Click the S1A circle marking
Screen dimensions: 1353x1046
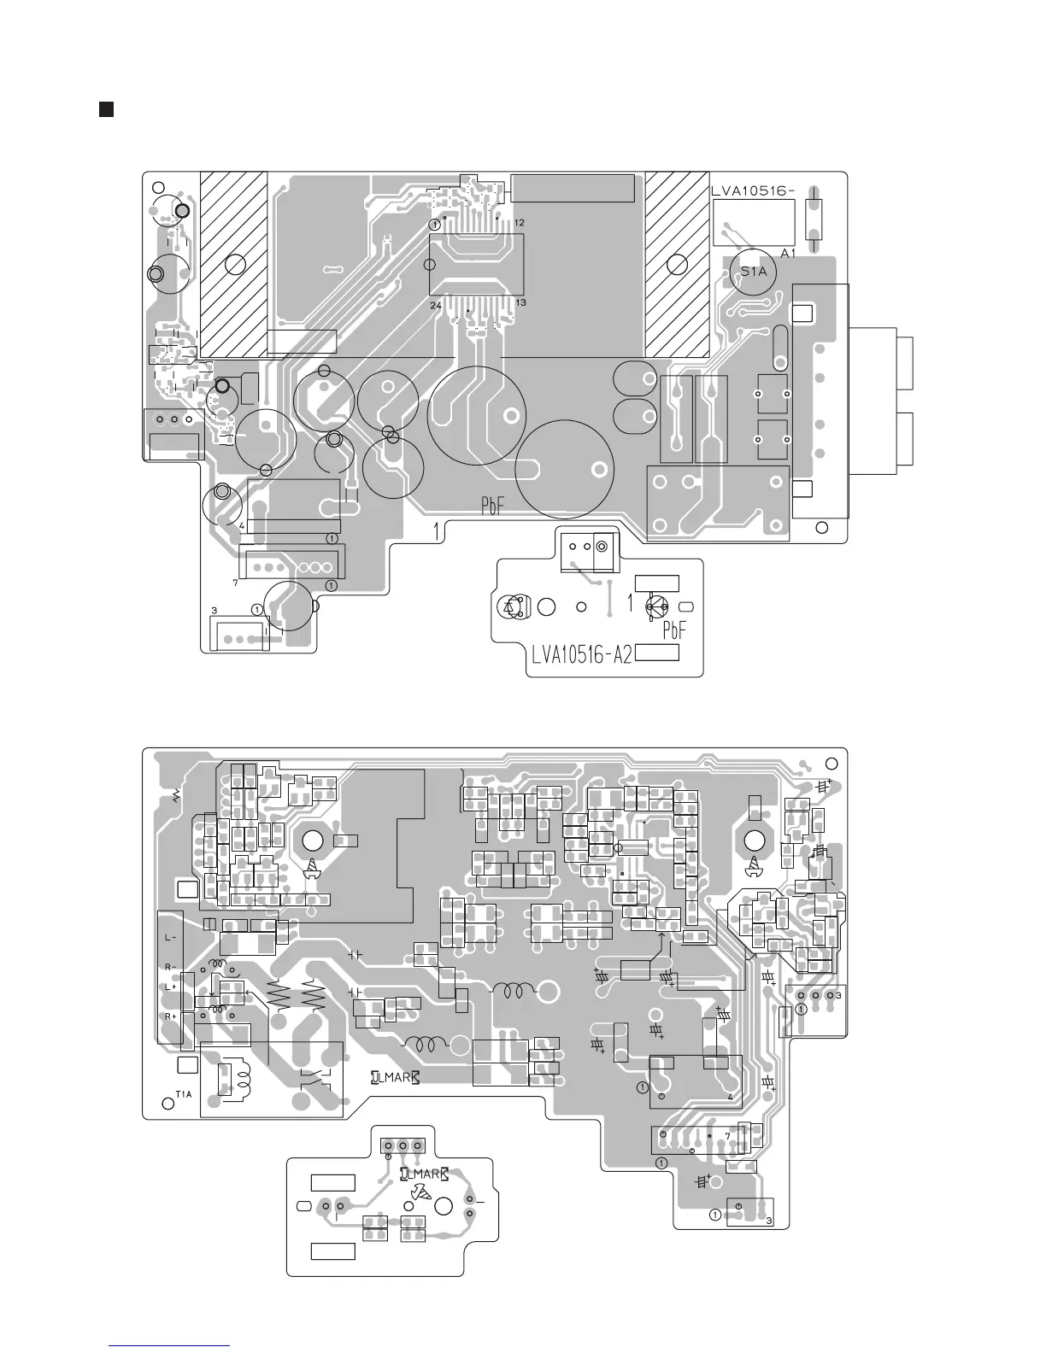click(x=754, y=272)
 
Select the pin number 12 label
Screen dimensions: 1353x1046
click(x=520, y=222)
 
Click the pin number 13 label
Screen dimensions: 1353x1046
click(x=520, y=303)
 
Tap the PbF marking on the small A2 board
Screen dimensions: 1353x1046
click(x=680, y=630)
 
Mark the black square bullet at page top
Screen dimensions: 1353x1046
click(x=106, y=109)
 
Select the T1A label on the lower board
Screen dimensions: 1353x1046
click(x=183, y=1094)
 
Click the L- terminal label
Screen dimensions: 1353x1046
click(x=170, y=937)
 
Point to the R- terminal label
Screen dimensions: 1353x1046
click(x=170, y=967)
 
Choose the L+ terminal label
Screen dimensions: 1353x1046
click(x=170, y=987)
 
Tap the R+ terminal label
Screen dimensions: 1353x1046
click(x=170, y=1016)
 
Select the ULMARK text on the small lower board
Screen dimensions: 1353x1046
click(x=424, y=1174)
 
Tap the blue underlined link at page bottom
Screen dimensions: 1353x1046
click(x=171, y=1346)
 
